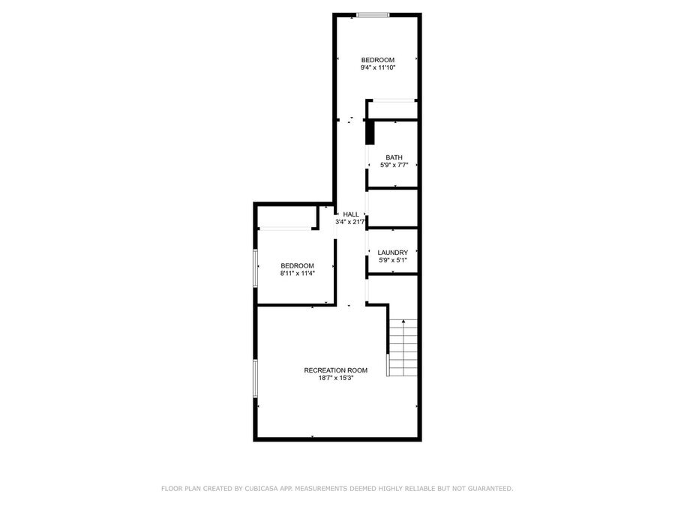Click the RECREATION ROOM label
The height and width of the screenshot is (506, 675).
coord(336,370)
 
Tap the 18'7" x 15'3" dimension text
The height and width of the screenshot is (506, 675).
coord(336,378)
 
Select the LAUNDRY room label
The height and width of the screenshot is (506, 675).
coord(392,253)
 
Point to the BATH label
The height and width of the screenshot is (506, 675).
coord(394,157)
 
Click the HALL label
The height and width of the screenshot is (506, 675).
coord(351,214)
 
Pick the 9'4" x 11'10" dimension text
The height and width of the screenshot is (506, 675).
coord(377,67)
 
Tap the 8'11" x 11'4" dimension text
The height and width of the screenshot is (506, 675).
coord(298,273)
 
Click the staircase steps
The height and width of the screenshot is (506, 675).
coord(403,348)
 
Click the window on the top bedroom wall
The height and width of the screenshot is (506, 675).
coord(373,15)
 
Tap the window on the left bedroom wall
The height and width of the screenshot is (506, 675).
coord(255,268)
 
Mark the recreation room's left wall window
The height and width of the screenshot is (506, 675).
coord(255,379)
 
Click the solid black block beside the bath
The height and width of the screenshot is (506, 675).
coord(370,132)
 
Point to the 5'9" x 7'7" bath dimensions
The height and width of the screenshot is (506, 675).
coord(394,165)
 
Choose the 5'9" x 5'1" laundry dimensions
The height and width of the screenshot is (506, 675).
coord(392,260)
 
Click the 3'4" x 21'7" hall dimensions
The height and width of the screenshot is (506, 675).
coord(350,222)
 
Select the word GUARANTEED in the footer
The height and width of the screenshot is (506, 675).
coord(490,488)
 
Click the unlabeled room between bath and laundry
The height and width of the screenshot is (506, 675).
coord(393,208)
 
